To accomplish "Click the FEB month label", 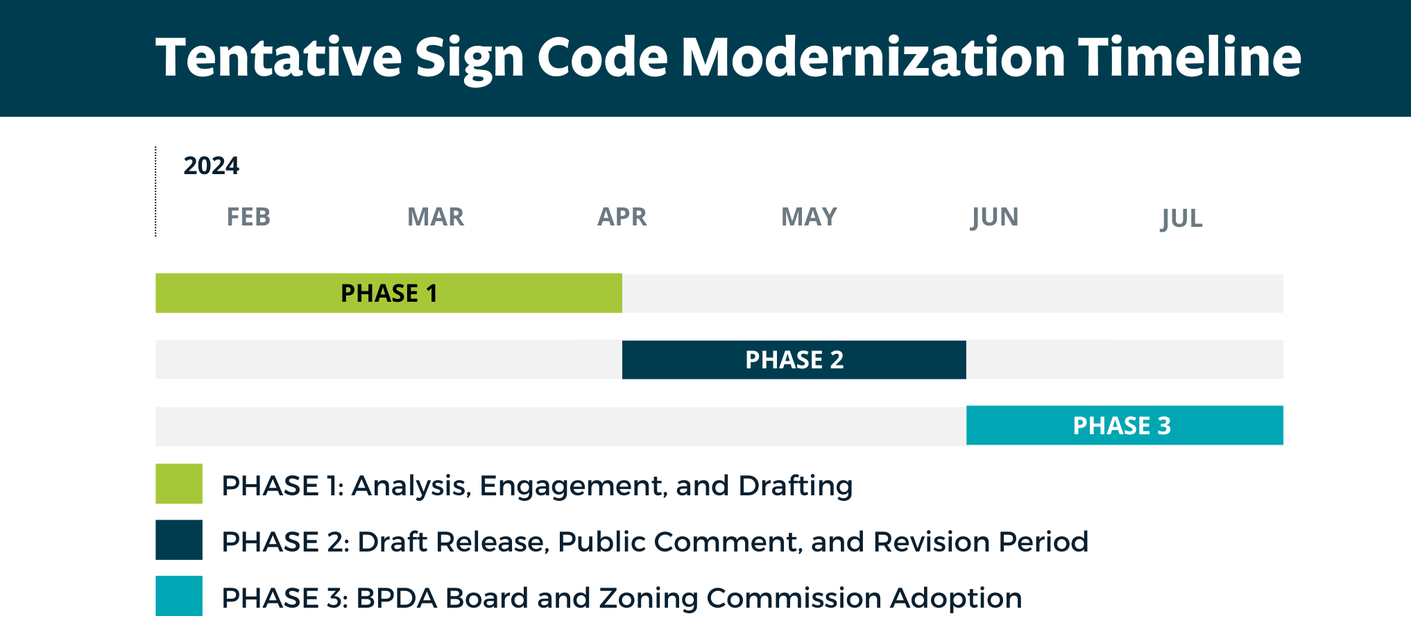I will pos(248,217).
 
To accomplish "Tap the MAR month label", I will pos(436,217).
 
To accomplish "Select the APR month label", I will pos(622,217).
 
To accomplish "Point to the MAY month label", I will pos(809,217).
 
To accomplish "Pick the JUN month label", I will pos(995,218).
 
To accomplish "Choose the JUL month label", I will pos(1181,219).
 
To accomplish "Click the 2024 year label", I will pos(211,166).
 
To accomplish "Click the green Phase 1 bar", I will pos(388,293).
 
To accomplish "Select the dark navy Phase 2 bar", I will pos(794,360).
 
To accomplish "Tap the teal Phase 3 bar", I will pos(1124,425).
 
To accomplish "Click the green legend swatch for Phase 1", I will pos(179,484).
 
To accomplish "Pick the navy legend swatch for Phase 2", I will pos(179,540).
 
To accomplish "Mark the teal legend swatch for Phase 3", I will pos(179,596).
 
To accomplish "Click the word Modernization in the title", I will pos(873,57).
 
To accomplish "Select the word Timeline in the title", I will pos(1189,57).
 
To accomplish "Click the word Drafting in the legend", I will pos(795,486).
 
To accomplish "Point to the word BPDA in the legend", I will pos(396,598).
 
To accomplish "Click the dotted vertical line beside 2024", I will pos(156,191).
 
